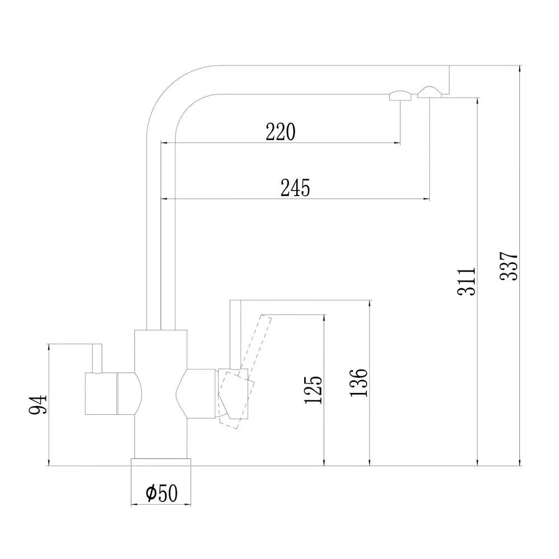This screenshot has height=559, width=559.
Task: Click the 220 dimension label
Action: pyautogui.click(x=281, y=132)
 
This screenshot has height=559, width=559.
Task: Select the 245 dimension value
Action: pyautogui.click(x=295, y=188)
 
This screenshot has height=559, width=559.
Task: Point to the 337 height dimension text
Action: pyautogui.click(x=509, y=266)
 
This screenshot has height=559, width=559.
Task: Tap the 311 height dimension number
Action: pyautogui.click(x=467, y=281)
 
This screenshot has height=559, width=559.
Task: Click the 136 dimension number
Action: pyautogui.click(x=358, y=382)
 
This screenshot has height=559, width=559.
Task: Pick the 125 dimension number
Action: pyautogui.click(x=313, y=390)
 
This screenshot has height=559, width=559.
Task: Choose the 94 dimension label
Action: pyautogui.click(x=38, y=404)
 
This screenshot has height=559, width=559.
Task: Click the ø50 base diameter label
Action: pyautogui.click(x=162, y=493)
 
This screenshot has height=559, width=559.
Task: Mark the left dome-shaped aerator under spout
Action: pyautogui.click(x=400, y=96)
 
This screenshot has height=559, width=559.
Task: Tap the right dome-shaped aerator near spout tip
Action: pyautogui.click(x=429, y=92)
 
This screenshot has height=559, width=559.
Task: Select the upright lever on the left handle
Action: pyautogui.click(x=97, y=358)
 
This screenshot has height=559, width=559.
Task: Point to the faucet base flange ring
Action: pyautogui.click(x=161, y=462)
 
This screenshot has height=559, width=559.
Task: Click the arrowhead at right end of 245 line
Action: pyautogui.click(x=426, y=199)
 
